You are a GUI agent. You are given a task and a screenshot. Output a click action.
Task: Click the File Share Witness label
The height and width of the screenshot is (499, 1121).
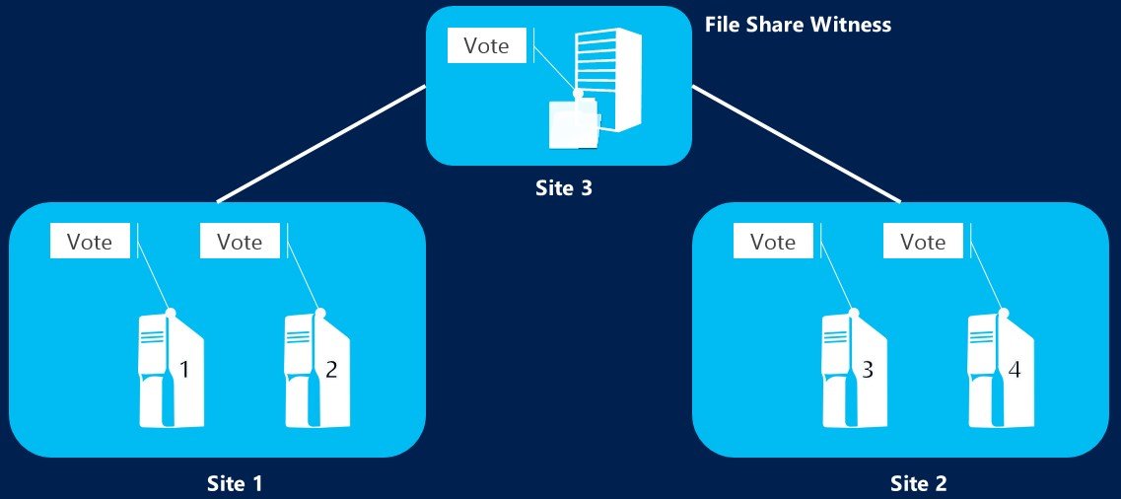798,25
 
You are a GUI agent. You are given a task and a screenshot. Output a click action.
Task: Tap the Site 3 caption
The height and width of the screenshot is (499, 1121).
557,188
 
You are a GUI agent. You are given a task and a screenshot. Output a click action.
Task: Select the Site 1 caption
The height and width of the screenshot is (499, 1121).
235,483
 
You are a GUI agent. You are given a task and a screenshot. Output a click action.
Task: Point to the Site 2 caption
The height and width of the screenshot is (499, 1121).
918,483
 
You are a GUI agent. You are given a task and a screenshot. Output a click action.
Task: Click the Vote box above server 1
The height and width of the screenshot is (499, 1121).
89,241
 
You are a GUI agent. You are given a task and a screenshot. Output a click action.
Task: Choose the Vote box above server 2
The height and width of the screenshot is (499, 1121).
240,241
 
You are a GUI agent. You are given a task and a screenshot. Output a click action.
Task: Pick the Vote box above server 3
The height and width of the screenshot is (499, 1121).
773,241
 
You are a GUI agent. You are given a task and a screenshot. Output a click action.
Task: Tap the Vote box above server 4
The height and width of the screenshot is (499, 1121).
923,241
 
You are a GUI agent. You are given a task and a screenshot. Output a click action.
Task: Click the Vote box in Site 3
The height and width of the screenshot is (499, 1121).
487,45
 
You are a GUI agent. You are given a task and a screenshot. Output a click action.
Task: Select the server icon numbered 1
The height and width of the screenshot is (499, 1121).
171,369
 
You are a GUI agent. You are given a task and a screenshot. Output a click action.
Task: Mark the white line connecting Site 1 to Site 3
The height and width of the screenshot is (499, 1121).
320,144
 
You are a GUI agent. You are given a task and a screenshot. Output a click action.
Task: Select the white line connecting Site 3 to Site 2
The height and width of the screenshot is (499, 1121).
797,144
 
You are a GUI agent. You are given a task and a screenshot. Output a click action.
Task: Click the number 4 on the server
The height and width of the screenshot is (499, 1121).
1014,371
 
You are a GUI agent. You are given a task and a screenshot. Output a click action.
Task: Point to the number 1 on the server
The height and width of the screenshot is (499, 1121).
184,371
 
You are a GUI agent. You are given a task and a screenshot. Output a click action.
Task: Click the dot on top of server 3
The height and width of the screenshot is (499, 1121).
855,313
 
